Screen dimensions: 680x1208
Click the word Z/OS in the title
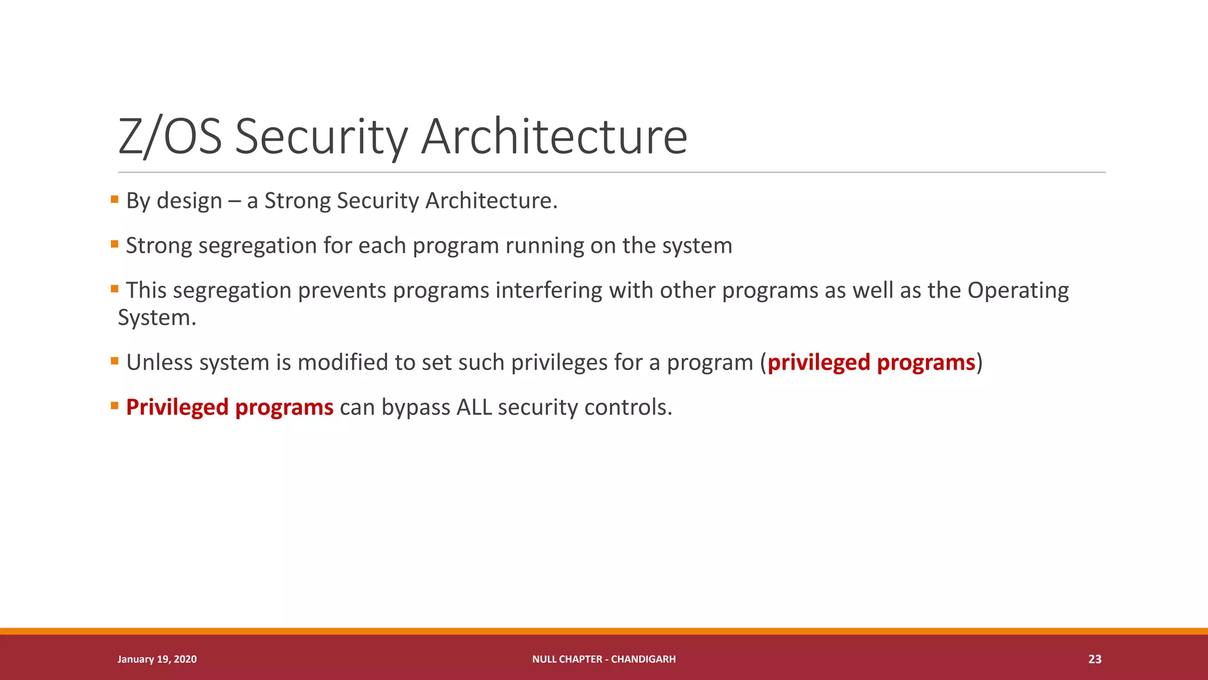(170, 137)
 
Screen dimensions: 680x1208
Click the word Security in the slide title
(321, 137)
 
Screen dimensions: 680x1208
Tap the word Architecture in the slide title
(554, 137)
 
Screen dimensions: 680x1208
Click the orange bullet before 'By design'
(115, 200)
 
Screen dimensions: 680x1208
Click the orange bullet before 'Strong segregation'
(115, 244)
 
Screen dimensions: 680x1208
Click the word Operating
(1018, 290)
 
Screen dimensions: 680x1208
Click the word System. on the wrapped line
(157, 318)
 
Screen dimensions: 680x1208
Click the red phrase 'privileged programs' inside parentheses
(871, 362)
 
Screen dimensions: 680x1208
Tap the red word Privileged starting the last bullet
(177, 407)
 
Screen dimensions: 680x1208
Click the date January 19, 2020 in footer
(157, 659)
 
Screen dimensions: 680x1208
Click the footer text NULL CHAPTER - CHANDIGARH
(603, 659)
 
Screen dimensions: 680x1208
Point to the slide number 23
(1094, 659)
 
